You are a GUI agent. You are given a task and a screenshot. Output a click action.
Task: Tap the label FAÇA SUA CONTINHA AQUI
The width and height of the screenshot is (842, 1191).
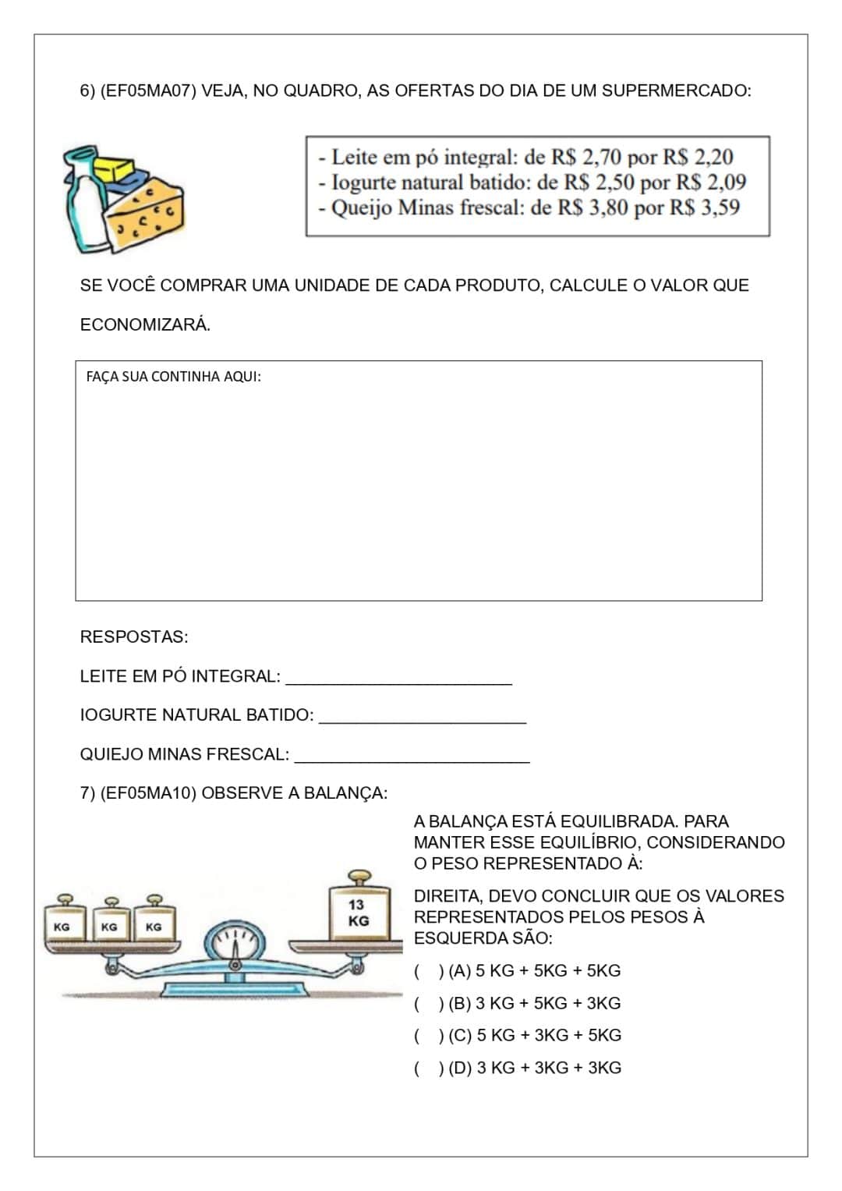pos(173,377)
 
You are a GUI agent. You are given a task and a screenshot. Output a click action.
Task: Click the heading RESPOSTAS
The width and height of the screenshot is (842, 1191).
pos(134,637)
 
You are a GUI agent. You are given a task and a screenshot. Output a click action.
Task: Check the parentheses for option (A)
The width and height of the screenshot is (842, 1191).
pos(429,971)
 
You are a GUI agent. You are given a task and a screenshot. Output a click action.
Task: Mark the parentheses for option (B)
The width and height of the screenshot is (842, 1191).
pos(429,1004)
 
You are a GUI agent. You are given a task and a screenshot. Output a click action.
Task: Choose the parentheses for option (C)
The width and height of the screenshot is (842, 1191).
pos(429,1036)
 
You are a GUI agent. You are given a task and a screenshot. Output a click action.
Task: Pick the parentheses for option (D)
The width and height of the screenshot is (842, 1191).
pos(429,1069)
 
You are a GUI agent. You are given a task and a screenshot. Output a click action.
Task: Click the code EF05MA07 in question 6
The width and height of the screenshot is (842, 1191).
pos(148,90)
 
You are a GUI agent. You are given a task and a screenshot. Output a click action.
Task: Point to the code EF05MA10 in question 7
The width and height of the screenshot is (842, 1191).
pos(148,793)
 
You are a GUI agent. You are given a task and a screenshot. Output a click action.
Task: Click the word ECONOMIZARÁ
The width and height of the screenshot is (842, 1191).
pos(145,325)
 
